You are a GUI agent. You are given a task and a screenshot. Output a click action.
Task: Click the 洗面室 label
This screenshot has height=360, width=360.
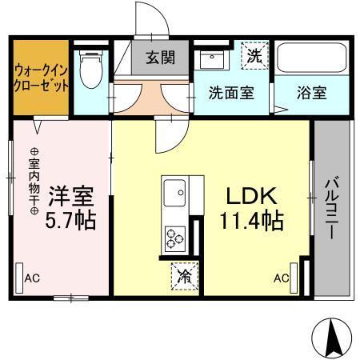tap(231, 92)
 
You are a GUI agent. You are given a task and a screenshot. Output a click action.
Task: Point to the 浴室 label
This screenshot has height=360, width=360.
tap(313, 92)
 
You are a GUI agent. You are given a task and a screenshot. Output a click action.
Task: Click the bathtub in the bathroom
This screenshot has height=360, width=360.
tap(312, 58)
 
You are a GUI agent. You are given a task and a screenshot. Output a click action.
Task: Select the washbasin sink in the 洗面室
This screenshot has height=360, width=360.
tap(213, 59)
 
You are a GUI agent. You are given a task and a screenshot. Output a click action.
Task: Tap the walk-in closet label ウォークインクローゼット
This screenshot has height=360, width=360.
tap(40, 76)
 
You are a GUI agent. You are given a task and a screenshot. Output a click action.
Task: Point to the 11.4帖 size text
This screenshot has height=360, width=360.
tap(251, 220)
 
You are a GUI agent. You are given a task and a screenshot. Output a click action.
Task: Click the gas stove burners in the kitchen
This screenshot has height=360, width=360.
tap(174, 238)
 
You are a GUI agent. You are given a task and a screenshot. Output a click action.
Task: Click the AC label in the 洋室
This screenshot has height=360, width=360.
tap(32, 278)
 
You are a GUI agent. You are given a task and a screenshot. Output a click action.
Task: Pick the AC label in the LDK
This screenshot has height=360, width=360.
tap(281, 278)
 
